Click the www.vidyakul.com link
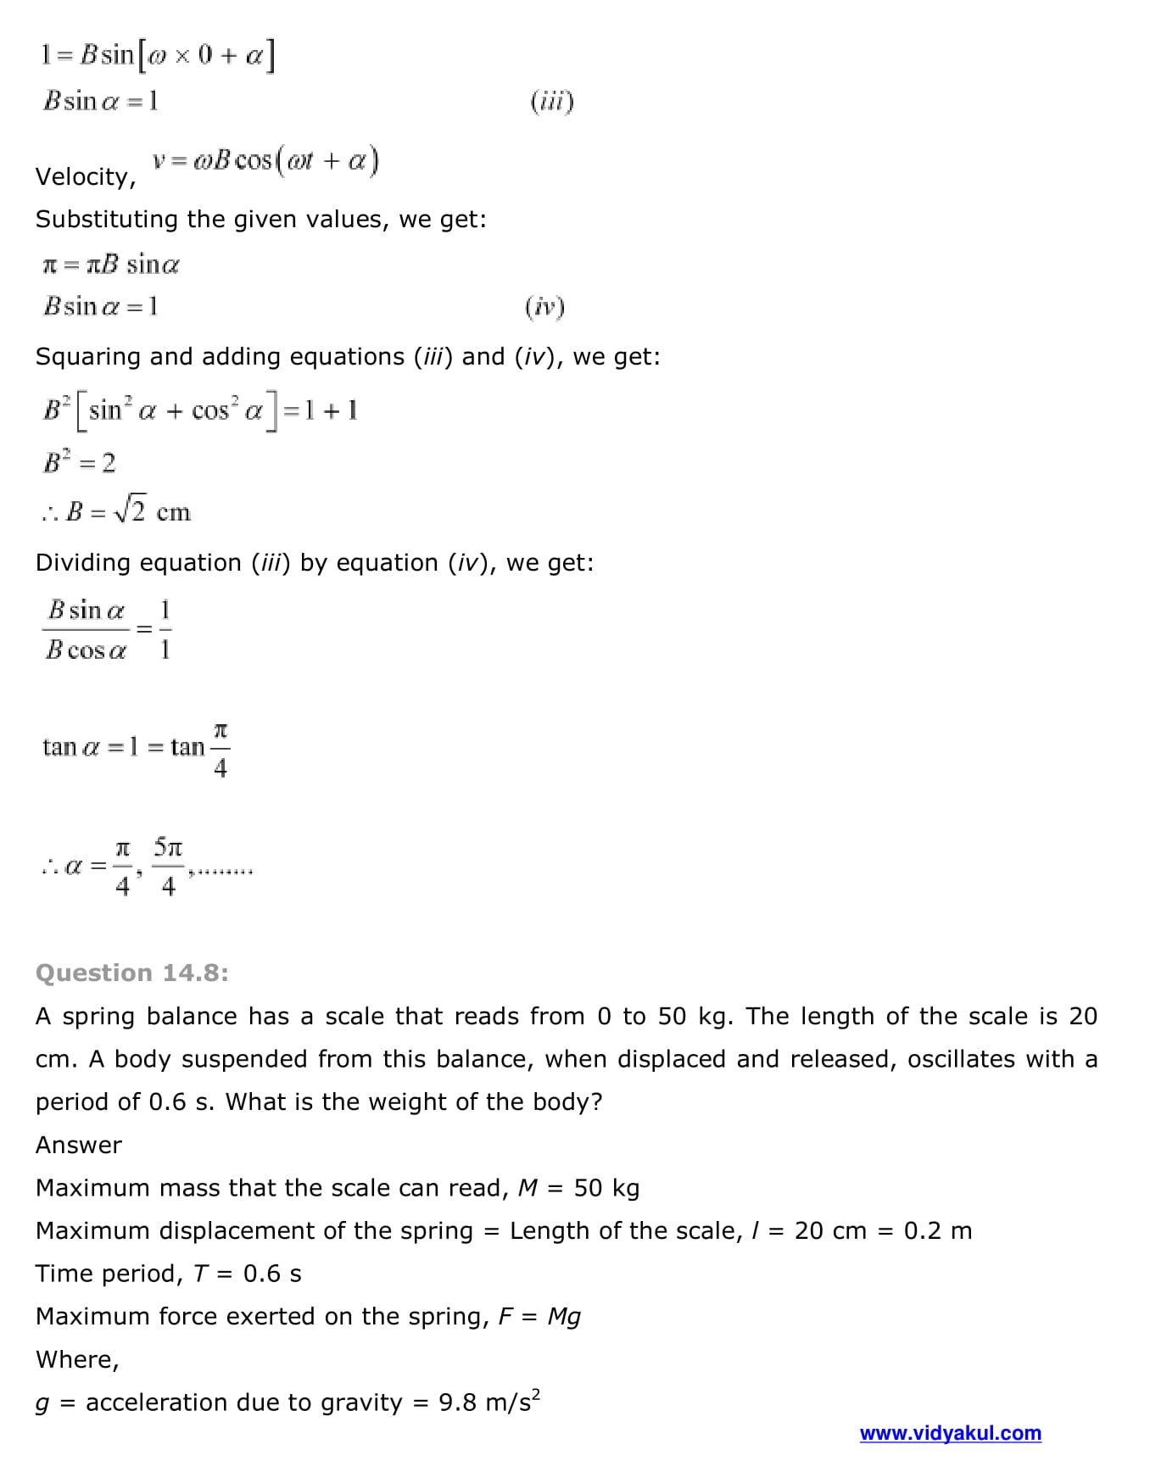(x=950, y=1433)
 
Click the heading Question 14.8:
(x=132, y=973)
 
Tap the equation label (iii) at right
(x=552, y=102)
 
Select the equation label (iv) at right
(x=544, y=306)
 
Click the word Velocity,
(x=86, y=177)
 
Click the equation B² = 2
(x=80, y=463)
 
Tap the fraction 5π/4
(x=168, y=866)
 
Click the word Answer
(x=79, y=1146)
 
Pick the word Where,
(x=77, y=1360)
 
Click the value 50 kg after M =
(x=606, y=1188)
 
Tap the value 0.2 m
(x=937, y=1231)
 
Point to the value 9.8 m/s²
(x=489, y=1402)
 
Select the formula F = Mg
(x=539, y=1317)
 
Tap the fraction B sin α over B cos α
(x=87, y=630)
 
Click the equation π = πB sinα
(x=111, y=265)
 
